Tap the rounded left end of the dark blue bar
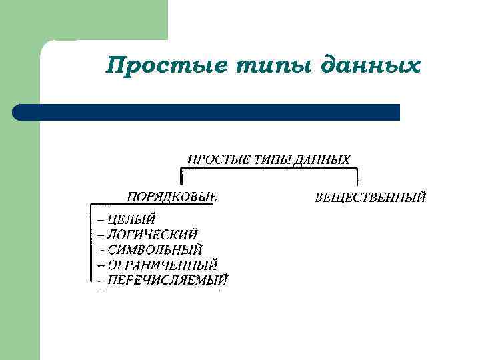tap(19, 112)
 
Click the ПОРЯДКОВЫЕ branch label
tap(173, 197)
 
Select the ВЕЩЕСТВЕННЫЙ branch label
tap(370, 197)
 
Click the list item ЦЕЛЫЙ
tap(131, 218)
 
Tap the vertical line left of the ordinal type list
tap(91, 243)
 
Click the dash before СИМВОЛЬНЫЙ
tap(101, 251)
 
